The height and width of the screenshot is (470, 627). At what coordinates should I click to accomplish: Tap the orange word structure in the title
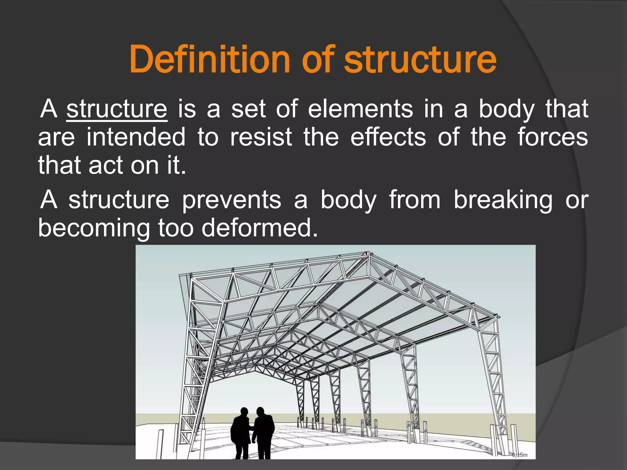pos(420,60)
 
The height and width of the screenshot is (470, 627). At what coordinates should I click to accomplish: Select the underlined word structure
pos(117,109)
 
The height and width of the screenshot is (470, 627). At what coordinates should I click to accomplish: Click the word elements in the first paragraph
pos(360,109)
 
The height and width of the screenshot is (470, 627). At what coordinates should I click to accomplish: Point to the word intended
pos(136,137)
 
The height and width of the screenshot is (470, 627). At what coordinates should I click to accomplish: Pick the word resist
pos(261,137)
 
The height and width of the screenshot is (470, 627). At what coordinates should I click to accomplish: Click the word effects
pos(388,137)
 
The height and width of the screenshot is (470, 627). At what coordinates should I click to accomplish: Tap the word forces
pos(553,137)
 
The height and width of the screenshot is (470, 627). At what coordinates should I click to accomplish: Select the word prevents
pos(231,200)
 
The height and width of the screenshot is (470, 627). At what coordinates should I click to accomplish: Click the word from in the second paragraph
pos(415,200)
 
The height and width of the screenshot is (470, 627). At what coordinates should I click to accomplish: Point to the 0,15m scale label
pos(520,455)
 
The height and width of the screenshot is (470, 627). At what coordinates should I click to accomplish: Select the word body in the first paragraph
pos(506,109)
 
